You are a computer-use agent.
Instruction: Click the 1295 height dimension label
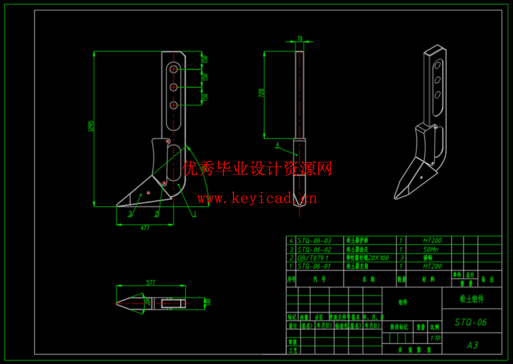[x=91, y=126]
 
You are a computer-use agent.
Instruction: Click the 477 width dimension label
[x=145, y=228]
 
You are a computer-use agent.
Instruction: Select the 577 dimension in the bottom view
[x=151, y=283]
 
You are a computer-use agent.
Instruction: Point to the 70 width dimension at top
[x=299, y=39]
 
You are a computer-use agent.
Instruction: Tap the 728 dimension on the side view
[x=261, y=93]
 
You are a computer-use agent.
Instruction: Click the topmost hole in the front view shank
[x=173, y=69]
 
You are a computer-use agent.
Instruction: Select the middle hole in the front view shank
[x=173, y=87]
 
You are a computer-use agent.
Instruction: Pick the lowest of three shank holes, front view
[x=173, y=105]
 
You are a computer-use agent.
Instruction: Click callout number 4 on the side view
[x=277, y=145]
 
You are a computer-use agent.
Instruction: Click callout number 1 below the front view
[x=195, y=214]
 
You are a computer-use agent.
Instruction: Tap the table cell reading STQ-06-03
[x=314, y=241]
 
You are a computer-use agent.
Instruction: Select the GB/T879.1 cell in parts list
[x=313, y=258]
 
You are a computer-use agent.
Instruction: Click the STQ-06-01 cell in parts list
[x=314, y=266]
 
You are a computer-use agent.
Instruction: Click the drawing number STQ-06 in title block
[x=470, y=322]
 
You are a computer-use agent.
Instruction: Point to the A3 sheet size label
[x=472, y=345]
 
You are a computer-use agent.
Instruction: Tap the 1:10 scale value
[x=435, y=338]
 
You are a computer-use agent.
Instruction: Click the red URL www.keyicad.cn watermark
[x=257, y=198]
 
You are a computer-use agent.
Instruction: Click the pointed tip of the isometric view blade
[x=395, y=198]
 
